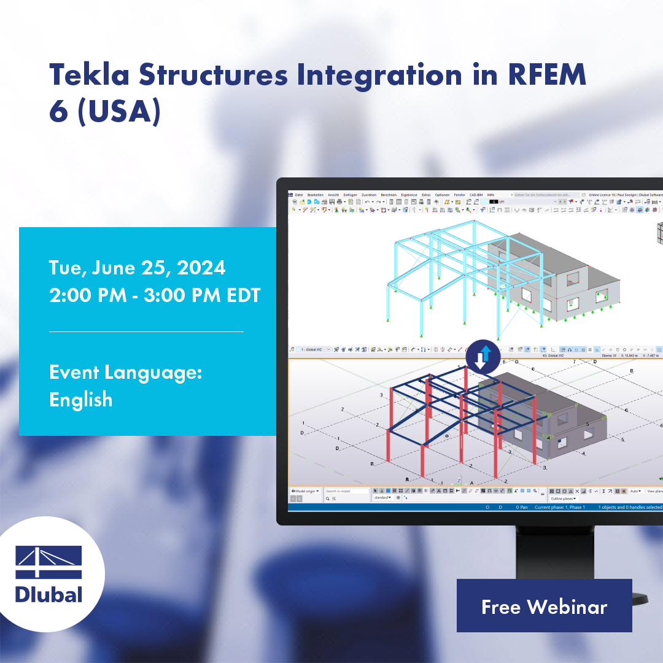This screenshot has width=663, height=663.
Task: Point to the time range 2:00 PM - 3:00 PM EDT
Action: click(x=155, y=295)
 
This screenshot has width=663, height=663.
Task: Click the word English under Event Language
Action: click(x=80, y=400)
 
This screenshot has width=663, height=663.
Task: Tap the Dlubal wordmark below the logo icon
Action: click(x=48, y=594)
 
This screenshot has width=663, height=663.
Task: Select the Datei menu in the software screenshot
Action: click(x=299, y=195)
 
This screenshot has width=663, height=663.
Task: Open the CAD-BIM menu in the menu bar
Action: click(x=476, y=195)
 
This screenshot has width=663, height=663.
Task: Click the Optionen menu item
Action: click(x=442, y=195)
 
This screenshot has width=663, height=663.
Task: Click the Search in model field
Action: click(x=346, y=491)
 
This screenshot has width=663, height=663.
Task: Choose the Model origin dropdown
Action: click(x=304, y=491)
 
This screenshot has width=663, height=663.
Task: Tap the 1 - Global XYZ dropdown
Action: click(x=315, y=349)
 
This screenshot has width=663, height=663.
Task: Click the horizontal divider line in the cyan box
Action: click(x=146, y=331)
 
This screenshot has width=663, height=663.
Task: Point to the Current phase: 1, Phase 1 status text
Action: click(x=559, y=508)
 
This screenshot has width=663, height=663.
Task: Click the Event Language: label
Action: click(x=126, y=372)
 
